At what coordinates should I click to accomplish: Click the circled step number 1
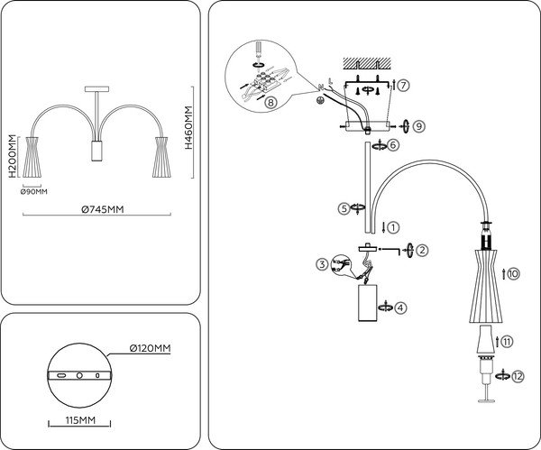pyautogui.click(x=392, y=226)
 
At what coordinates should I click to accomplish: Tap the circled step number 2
pyautogui.click(x=422, y=250)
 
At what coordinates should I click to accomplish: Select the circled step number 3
pyautogui.click(x=321, y=264)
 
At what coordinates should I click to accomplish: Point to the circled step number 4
pyautogui.click(x=400, y=307)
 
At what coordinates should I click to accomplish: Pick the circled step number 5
pyautogui.click(x=344, y=208)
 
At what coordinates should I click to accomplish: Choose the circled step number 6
pyautogui.click(x=393, y=143)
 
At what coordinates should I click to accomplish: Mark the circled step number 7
pyautogui.click(x=404, y=86)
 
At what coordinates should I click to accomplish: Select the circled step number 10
pyautogui.click(x=513, y=273)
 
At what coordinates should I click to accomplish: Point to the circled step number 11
pyautogui.click(x=509, y=342)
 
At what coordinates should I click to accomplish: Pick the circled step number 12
pyautogui.click(x=515, y=375)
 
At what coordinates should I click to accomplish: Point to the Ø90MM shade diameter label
pyautogui.click(x=33, y=191)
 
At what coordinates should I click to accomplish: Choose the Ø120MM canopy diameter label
pyautogui.click(x=150, y=348)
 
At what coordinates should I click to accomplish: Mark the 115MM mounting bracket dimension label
pyautogui.click(x=80, y=420)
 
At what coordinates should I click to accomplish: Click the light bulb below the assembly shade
pyautogui.click(x=485, y=343)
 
